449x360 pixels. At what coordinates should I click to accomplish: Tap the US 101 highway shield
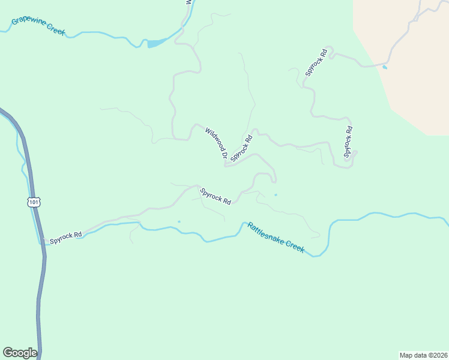click(x=34, y=202)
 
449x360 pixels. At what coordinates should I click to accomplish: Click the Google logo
click(x=20, y=353)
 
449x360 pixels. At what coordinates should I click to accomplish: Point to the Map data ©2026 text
click(x=423, y=355)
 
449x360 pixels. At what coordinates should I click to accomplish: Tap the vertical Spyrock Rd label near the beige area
click(x=348, y=142)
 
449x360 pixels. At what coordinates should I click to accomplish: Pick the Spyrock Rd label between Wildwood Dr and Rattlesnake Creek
click(x=215, y=196)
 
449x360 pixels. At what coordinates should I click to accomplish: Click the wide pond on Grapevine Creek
click(x=157, y=43)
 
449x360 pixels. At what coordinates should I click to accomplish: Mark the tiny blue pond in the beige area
click(x=384, y=67)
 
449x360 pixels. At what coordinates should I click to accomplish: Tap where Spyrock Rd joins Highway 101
click(x=43, y=242)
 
